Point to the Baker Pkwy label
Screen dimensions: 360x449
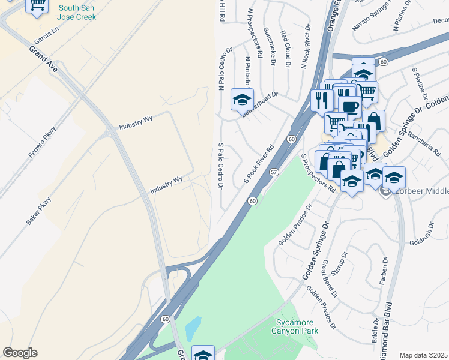[x=38, y=211]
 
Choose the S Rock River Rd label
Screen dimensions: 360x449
[x=259, y=163]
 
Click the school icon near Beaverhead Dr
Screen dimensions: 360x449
[x=242, y=100]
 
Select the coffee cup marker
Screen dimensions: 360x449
[x=349, y=107]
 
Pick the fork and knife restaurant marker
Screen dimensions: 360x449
[x=322, y=100]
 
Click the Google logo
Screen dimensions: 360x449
[x=20, y=353]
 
